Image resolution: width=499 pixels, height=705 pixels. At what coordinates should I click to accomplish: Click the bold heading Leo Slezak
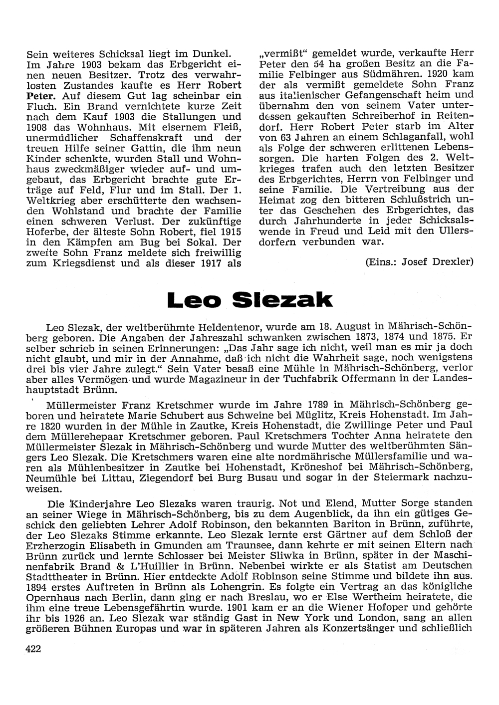coord(249,299)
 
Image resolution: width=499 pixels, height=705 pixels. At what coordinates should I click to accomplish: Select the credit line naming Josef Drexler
coord(419,262)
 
